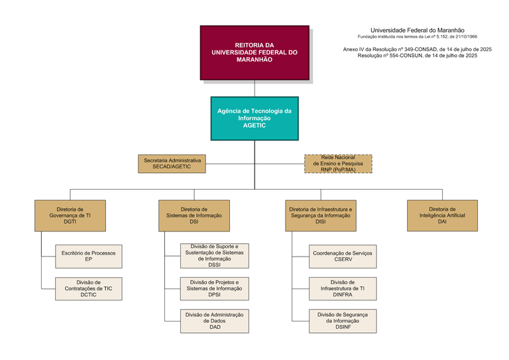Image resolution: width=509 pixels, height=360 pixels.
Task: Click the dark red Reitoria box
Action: [254, 52]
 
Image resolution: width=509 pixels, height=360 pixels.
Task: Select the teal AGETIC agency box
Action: [254, 118]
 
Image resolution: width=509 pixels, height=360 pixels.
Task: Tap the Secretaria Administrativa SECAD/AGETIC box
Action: [172, 164]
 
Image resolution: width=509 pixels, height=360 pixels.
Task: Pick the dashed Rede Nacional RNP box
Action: [338, 164]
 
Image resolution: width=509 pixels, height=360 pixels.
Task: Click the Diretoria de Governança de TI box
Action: [70, 215]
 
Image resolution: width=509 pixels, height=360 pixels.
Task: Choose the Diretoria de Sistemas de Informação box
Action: [194, 215]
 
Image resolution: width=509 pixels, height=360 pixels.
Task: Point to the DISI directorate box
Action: [321, 215]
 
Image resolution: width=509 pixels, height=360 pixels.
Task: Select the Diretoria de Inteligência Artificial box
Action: [442, 215]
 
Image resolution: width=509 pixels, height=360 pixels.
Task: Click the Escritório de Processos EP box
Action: [89, 256]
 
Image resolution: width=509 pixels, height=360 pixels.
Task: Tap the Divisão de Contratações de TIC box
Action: [89, 288]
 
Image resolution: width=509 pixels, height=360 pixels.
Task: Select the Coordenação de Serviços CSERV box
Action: [343, 256]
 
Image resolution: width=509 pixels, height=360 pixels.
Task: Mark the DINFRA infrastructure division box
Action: [343, 288]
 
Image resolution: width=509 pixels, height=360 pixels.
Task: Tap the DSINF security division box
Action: [343, 321]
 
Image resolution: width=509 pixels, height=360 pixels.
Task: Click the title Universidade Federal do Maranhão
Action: [418, 30]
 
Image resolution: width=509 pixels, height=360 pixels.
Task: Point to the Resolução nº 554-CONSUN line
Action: [418, 56]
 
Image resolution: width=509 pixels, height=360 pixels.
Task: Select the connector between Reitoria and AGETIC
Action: [254, 88]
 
